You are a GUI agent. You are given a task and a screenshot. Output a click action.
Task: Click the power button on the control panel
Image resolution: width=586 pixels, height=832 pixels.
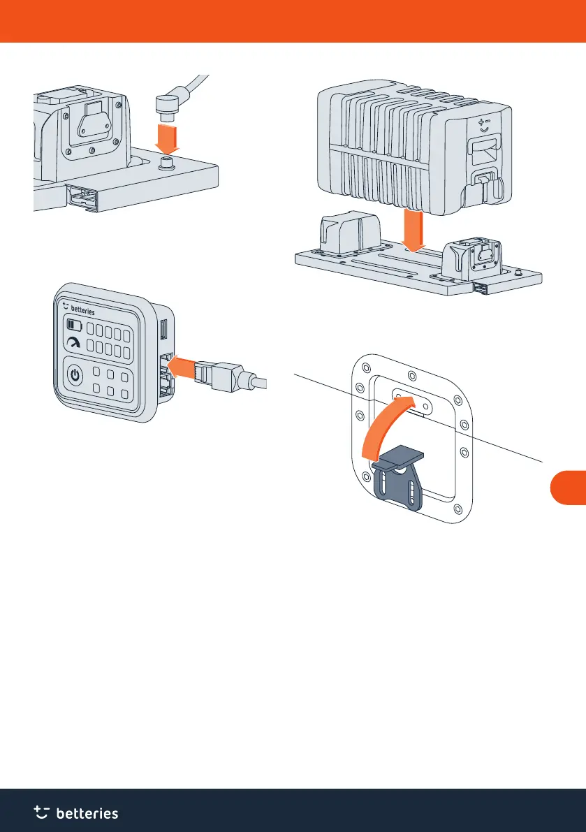75,376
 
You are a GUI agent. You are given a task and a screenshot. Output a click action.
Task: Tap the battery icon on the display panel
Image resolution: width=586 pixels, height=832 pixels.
73,325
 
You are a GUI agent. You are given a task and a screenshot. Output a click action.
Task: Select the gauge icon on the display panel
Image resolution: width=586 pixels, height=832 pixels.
73,343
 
